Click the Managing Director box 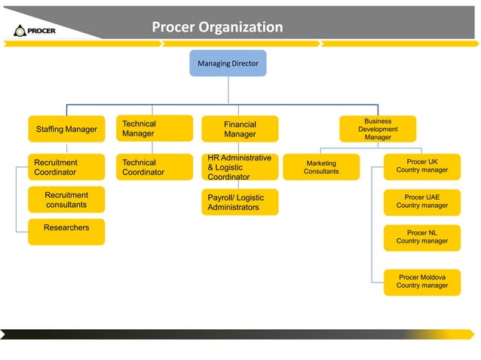click(228, 63)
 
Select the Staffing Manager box click(66, 129)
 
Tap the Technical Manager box click(154, 128)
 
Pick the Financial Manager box click(240, 129)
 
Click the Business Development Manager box click(378, 129)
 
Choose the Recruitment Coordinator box click(66, 167)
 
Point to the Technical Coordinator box click(154, 167)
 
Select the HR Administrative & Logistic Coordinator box click(240, 167)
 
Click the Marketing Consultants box click(321, 167)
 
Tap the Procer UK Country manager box click(422, 166)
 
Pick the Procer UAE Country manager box click(422, 201)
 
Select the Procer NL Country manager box click(422, 237)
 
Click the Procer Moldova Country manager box click(422, 282)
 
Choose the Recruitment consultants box click(66, 200)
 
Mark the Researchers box click(66, 231)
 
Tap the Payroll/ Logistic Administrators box click(240, 202)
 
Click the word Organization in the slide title click(240, 28)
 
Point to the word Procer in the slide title click(173, 28)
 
